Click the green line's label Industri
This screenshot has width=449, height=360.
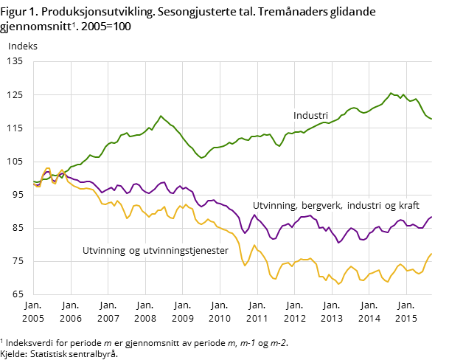click(x=310, y=116)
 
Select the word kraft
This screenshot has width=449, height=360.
click(x=406, y=206)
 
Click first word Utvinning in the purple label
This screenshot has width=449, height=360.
click(x=274, y=206)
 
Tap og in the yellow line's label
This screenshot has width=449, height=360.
click(x=134, y=251)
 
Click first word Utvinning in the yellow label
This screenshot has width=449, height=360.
click(x=104, y=251)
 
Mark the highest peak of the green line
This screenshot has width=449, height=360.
click(x=391, y=93)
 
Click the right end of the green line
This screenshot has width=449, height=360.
click(x=431, y=119)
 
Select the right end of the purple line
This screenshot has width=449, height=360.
click(x=431, y=217)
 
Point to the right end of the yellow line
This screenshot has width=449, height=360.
click(x=431, y=253)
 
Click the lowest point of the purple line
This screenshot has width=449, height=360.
click(x=339, y=242)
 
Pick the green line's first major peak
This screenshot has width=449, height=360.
click(x=161, y=116)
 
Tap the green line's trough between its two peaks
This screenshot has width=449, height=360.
click(x=201, y=158)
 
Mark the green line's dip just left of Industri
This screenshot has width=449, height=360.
click(x=279, y=146)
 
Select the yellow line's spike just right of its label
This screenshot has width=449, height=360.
click(x=254, y=245)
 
